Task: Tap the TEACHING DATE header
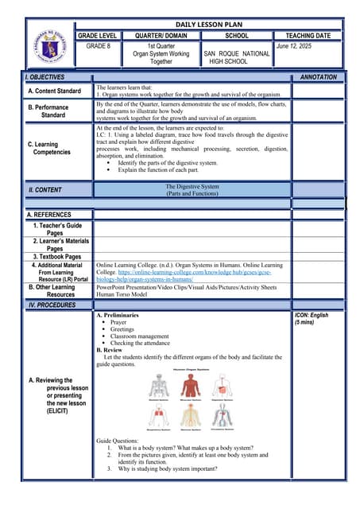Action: (306, 37)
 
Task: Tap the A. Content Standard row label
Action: (54, 91)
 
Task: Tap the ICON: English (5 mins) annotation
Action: (311, 319)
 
